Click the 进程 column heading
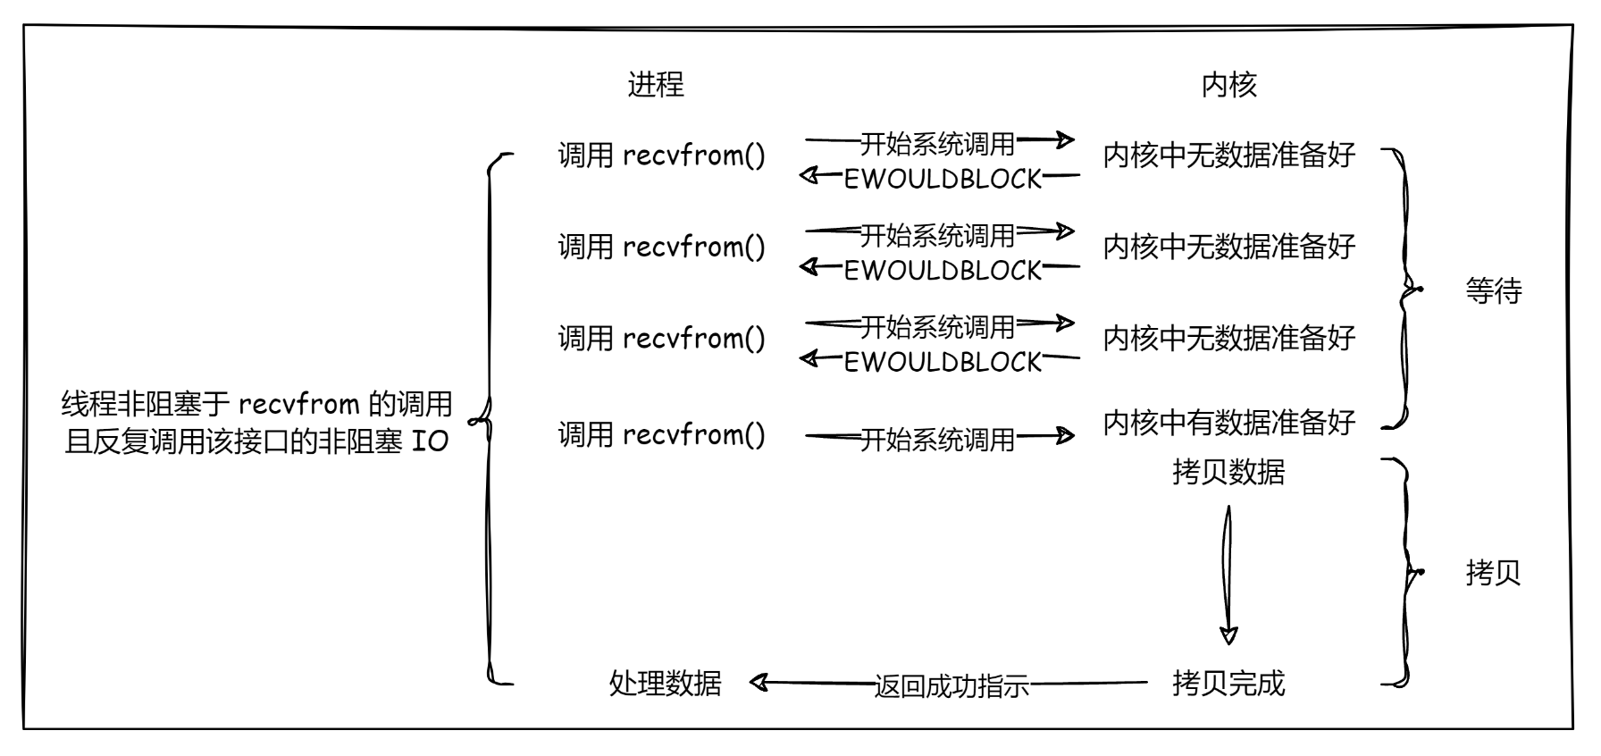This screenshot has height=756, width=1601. tap(656, 85)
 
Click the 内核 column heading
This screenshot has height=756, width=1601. tap(1228, 85)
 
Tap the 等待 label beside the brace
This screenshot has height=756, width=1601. tap(1493, 291)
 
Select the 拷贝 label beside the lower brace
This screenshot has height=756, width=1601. tap(1493, 572)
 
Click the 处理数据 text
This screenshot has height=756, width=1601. tap(665, 684)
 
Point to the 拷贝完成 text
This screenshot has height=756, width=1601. tap(1228, 684)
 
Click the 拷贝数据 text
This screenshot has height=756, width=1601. tap(1228, 472)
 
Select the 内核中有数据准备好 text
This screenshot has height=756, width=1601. tap(1228, 422)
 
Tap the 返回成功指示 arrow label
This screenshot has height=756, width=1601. tap(951, 686)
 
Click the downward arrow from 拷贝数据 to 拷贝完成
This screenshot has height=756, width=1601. tap(1228, 572)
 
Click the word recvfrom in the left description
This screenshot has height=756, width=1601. tap(298, 405)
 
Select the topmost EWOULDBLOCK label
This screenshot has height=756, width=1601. tap(943, 179)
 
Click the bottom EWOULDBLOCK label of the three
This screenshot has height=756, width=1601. tap(943, 362)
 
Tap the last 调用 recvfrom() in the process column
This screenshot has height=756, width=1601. tap(661, 435)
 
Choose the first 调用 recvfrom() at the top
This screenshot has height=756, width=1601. tap(661, 155)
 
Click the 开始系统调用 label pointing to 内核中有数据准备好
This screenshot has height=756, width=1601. tap(937, 440)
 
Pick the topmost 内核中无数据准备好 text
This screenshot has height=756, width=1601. tap(1228, 155)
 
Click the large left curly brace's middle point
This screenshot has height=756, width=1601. tap(482, 418)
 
